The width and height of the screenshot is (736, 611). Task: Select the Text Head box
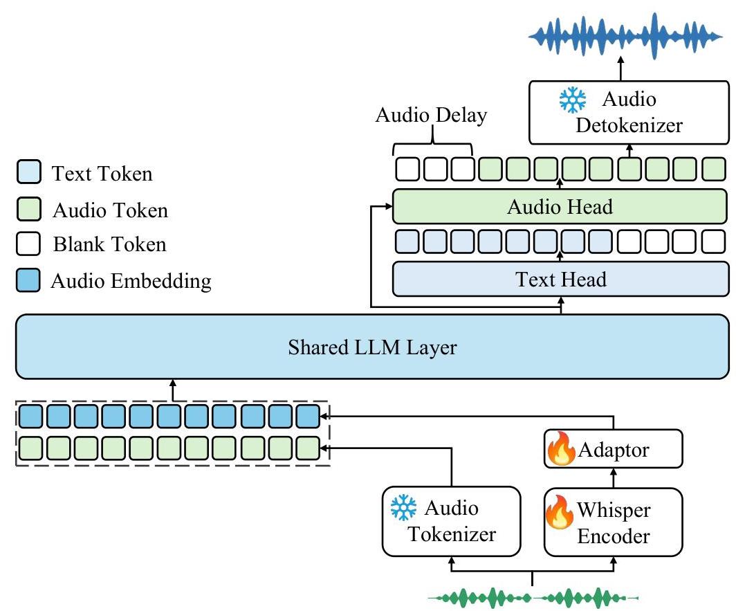click(x=560, y=279)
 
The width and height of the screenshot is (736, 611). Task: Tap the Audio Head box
click(x=560, y=206)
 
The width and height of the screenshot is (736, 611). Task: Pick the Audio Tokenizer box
click(x=450, y=521)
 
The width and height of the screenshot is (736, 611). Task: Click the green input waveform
click(x=533, y=596)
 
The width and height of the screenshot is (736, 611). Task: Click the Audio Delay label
click(x=431, y=115)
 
